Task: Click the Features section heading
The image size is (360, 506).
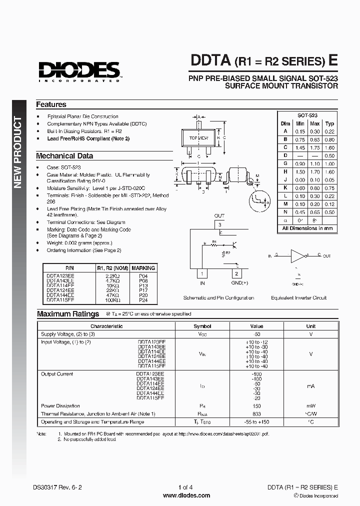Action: pyautogui.click(x=51, y=104)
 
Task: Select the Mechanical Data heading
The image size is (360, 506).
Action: pyautogui.click(x=64, y=155)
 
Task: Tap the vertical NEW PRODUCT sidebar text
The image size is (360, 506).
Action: pyautogui.click(x=18, y=152)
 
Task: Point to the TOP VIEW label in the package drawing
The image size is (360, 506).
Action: pyautogui.click(x=198, y=137)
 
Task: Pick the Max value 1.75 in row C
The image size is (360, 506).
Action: pyautogui.click(x=314, y=147)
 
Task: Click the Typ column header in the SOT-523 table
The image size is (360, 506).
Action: pyautogui.click(x=329, y=123)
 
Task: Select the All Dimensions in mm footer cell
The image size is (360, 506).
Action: pyautogui.click(x=307, y=228)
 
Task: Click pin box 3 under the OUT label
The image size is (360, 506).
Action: pyautogui.click(x=219, y=225)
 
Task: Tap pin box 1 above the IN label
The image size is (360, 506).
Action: pyautogui.click(x=202, y=273)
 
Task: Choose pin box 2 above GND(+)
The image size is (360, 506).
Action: pyautogui.click(x=236, y=273)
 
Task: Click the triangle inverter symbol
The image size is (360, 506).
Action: pyautogui.click(x=298, y=256)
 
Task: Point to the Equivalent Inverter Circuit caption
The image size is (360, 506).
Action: pyautogui.click(x=298, y=297)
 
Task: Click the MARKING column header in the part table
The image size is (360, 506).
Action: pyautogui.click(x=143, y=268)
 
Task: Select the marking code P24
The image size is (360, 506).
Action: pyautogui.click(x=143, y=301)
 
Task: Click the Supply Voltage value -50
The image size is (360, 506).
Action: pyautogui.click(x=257, y=334)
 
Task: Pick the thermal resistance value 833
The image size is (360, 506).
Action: pyautogui.click(x=257, y=413)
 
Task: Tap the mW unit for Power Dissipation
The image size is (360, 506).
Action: pyautogui.click(x=310, y=406)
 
